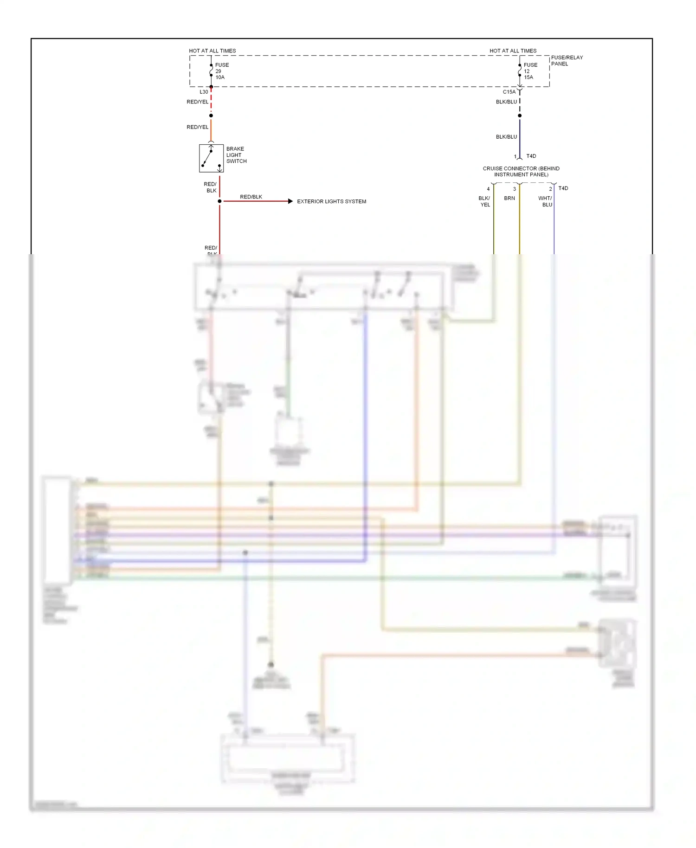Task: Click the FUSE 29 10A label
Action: (221, 71)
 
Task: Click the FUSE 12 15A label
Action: (530, 71)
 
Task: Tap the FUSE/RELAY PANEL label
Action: (567, 61)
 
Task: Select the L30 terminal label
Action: (204, 92)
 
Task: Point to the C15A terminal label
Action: (509, 92)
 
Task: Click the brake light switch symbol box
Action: (211, 158)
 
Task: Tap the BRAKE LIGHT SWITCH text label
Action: (236, 155)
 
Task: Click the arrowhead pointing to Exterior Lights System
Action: (290, 201)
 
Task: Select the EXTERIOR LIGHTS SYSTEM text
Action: (331, 201)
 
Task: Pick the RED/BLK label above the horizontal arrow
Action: (251, 197)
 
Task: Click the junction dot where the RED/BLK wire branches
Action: (219, 201)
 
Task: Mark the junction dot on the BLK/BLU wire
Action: (520, 116)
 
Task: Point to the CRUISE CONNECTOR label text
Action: (521, 172)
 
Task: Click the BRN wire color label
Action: (509, 198)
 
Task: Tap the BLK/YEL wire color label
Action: (484, 201)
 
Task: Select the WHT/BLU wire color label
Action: (545, 201)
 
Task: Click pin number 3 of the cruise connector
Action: (515, 189)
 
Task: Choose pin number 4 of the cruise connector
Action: (488, 189)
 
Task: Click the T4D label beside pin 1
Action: (531, 156)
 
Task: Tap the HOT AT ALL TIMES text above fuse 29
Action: (212, 51)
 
